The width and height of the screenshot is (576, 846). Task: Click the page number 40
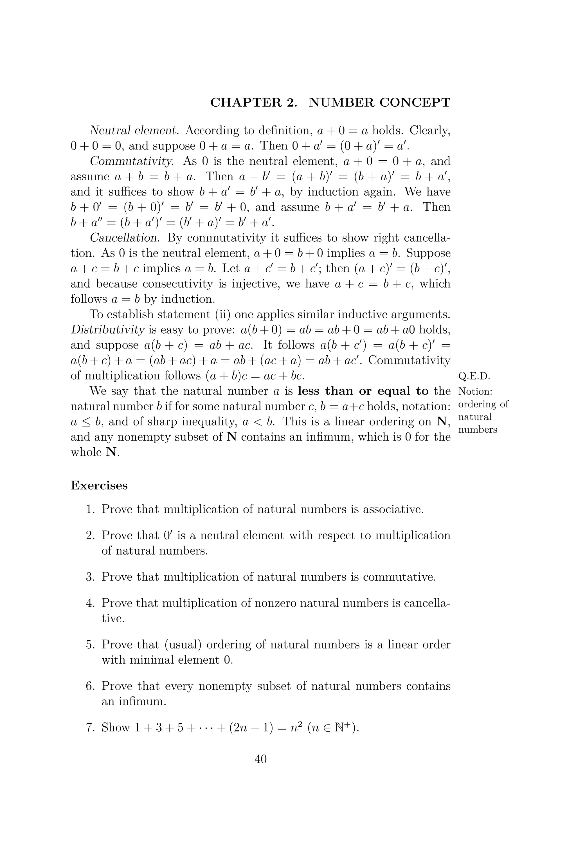[260, 759]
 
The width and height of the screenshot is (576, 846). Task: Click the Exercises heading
[99, 486]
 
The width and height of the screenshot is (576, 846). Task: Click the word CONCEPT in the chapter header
[415, 103]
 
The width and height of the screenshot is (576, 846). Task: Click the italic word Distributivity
[108, 330]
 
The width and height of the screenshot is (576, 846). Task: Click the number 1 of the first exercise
[89, 509]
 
